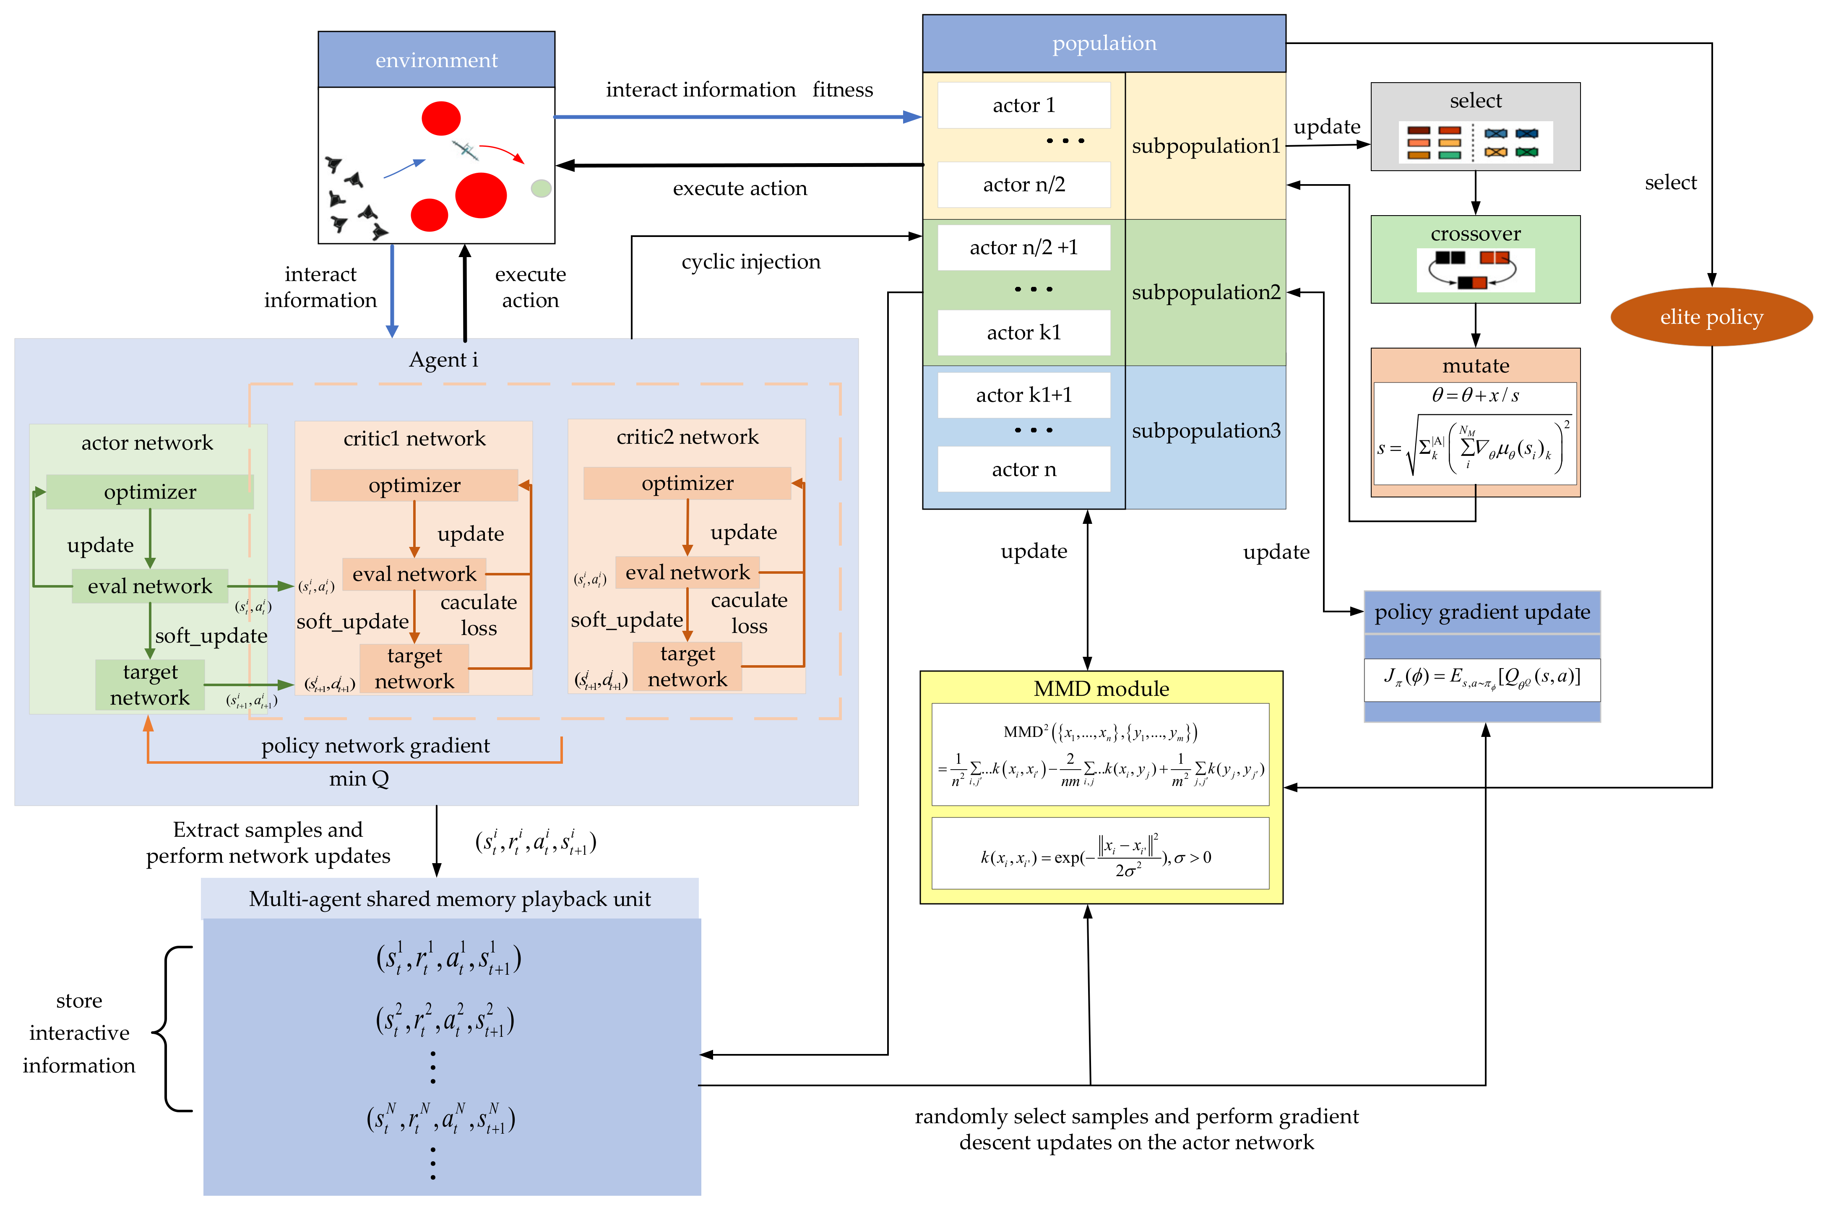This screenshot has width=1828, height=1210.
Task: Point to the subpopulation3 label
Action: [x=1205, y=431]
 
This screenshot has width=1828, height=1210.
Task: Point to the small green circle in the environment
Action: [x=541, y=188]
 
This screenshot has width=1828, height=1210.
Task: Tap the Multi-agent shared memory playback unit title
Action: [x=449, y=899]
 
